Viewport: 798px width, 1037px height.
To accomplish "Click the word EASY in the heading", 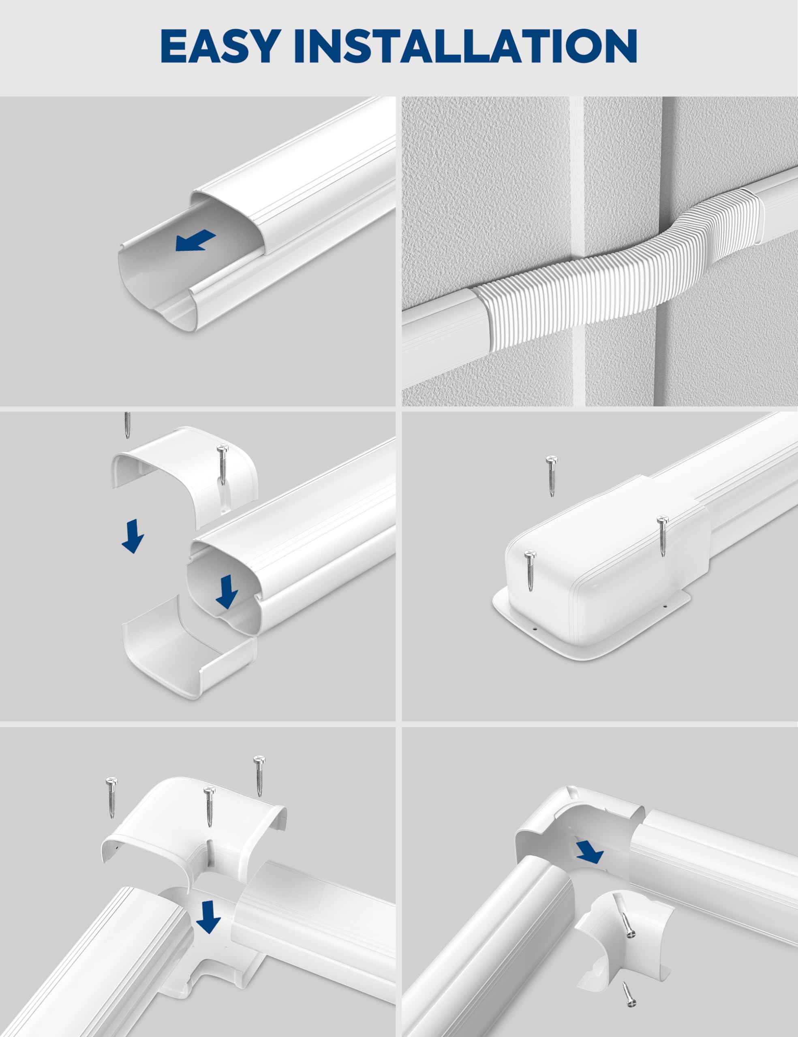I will (219, 46).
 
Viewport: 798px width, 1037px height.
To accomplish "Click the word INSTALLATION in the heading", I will (466, 46).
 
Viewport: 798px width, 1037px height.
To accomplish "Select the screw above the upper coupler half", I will (127, 425).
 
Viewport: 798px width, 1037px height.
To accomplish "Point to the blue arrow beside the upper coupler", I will (133, 536).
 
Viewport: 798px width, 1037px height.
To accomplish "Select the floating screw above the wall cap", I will (551, 476).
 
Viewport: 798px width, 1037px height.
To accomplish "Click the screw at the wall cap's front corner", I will (530, 570).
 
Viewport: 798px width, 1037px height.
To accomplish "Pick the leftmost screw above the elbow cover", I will (111, 798).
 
